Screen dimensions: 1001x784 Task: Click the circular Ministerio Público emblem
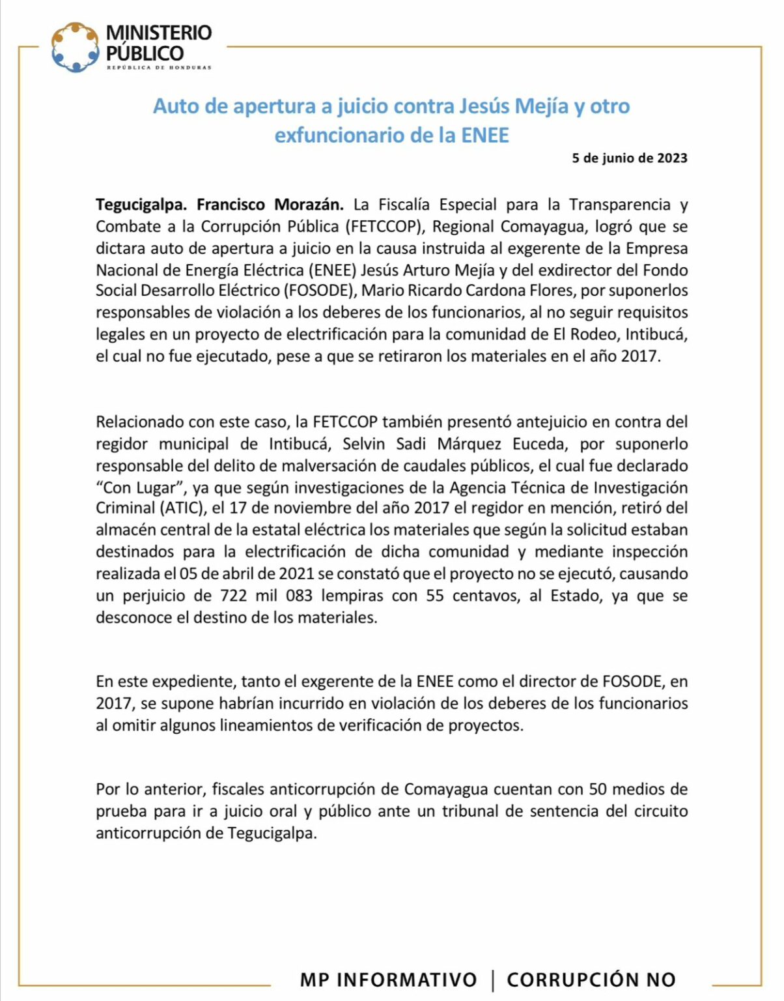(x=75, y=47)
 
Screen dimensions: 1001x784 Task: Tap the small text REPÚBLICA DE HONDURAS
(x=159, y=68)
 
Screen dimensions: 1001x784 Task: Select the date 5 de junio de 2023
(x=629, y=158)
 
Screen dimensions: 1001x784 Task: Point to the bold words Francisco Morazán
(x=270, y=205)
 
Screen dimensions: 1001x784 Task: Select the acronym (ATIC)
(x=180, y=508)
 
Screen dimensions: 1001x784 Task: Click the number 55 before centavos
(x=435, y=596)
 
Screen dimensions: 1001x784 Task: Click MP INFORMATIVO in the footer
(x=388, y=979)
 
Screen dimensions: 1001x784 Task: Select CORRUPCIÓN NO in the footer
(x=591, y=979)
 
